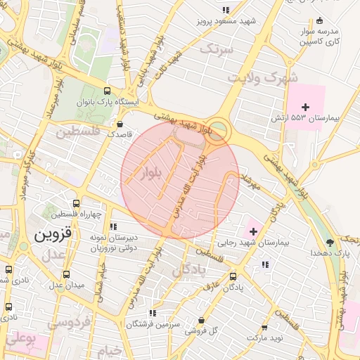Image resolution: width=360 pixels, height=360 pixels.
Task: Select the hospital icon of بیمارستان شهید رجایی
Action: pos(253,231)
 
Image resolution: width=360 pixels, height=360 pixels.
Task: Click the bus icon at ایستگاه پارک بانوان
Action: pos(107,91)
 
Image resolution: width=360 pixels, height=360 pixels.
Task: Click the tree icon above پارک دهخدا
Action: pos(328,241)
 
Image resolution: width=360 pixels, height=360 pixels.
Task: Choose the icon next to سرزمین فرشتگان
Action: pos(152,314)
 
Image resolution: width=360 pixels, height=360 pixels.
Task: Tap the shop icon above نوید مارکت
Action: pos(264,328)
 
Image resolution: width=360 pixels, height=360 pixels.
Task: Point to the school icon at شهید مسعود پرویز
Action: pos(226,10)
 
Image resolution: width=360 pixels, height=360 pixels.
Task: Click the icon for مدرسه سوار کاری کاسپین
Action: pos(320,20)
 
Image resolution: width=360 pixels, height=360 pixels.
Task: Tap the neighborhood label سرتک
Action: pos(215,49)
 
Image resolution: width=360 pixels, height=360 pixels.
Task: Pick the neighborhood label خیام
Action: pos(110,349)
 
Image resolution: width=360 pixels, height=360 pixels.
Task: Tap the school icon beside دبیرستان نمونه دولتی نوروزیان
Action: pos(112,227)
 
